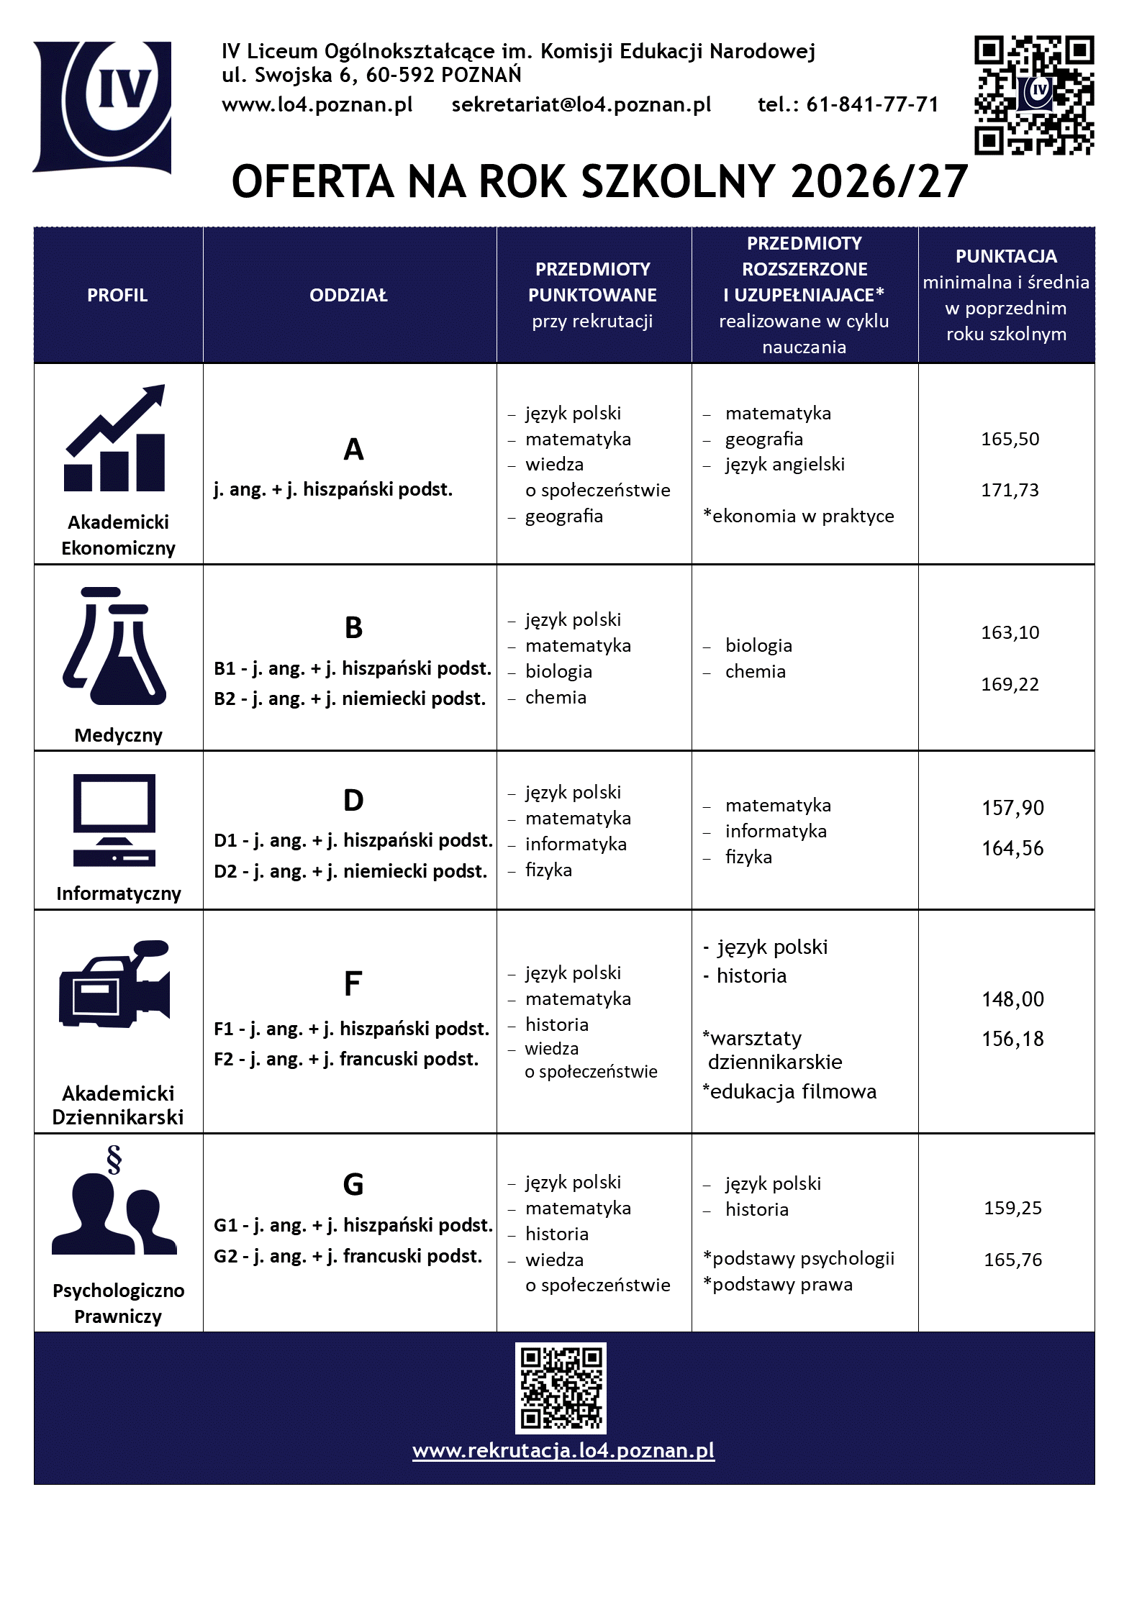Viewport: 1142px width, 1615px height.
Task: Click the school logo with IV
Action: pos(102,106)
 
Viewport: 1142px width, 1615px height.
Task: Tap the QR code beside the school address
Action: pos(1033,95)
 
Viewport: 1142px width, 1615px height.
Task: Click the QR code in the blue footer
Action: pos(561,1388)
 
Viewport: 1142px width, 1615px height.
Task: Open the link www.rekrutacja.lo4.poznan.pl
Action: pos(563,1450)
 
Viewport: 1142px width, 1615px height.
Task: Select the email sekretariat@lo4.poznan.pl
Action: pos(581,105)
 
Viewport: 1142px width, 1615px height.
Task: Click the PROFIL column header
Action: pos(117,295)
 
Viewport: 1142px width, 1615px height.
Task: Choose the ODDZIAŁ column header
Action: pos(349,295)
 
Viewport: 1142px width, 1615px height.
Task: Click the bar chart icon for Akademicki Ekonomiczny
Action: pos(116,439)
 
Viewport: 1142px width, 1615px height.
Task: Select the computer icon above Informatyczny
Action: pos(114,820)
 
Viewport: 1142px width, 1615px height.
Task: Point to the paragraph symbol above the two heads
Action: pos(114,1159)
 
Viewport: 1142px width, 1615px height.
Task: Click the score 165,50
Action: pos(1010,439)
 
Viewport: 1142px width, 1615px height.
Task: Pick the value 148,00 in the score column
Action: pos(1012,999)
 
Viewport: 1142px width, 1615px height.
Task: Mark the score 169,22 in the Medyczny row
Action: pos(1010,684)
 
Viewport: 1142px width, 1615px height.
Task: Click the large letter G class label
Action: pos(353,1185)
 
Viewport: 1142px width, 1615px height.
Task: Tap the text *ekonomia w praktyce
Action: pos(799,516)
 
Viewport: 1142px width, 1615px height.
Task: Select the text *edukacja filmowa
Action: pos(789,1092)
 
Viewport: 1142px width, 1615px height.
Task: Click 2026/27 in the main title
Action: pos(879,181)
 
